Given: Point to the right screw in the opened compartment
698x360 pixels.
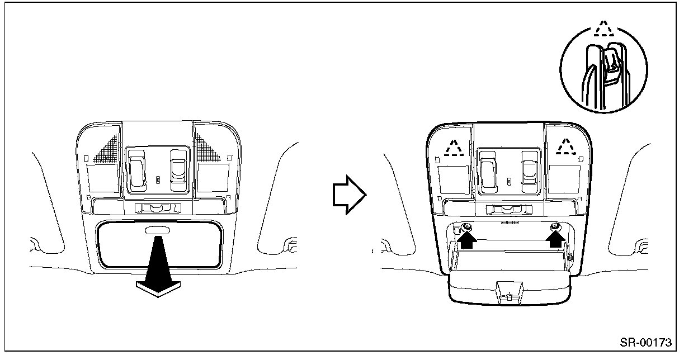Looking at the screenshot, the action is point(555,227).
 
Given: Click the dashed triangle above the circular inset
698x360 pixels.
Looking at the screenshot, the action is point(602,29).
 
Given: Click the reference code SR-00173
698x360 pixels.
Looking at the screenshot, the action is point(645,342).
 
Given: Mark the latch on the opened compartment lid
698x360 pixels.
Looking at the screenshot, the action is point(508,292).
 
